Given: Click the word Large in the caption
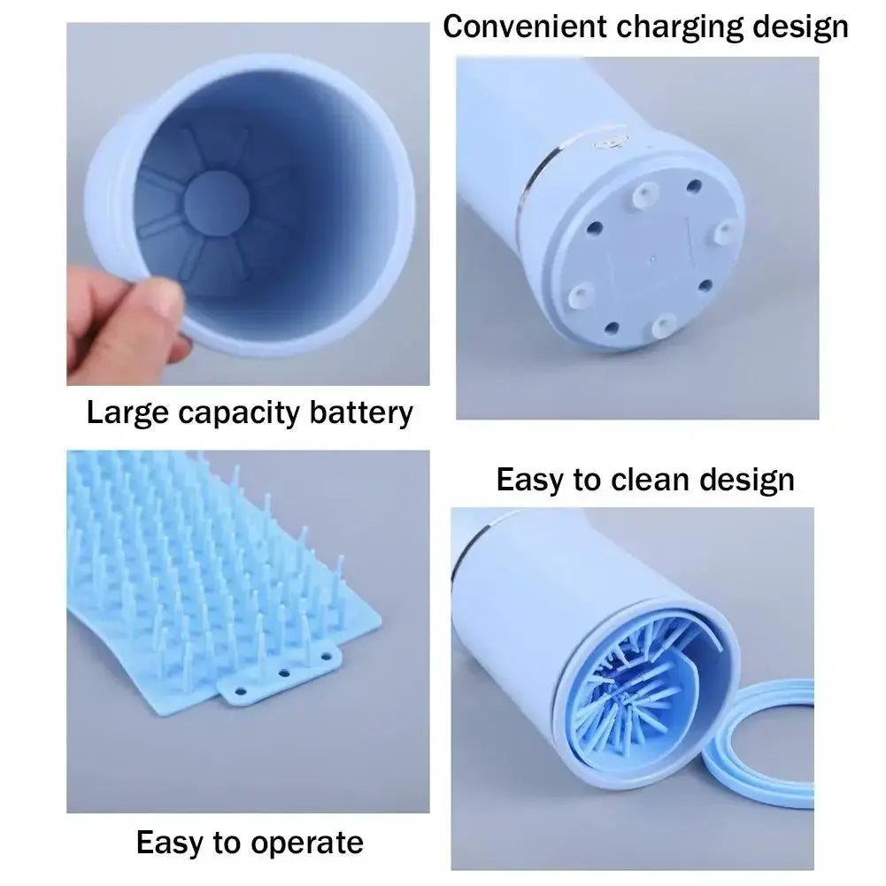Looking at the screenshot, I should click(129, 412).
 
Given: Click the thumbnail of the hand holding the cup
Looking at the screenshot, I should click(248, 204).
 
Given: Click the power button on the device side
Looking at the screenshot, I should click(610, 143).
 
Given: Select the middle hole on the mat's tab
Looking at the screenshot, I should click(284, 674).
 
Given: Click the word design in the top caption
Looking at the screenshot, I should click(800, 27).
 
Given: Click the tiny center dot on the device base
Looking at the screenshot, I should click(653, 261).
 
